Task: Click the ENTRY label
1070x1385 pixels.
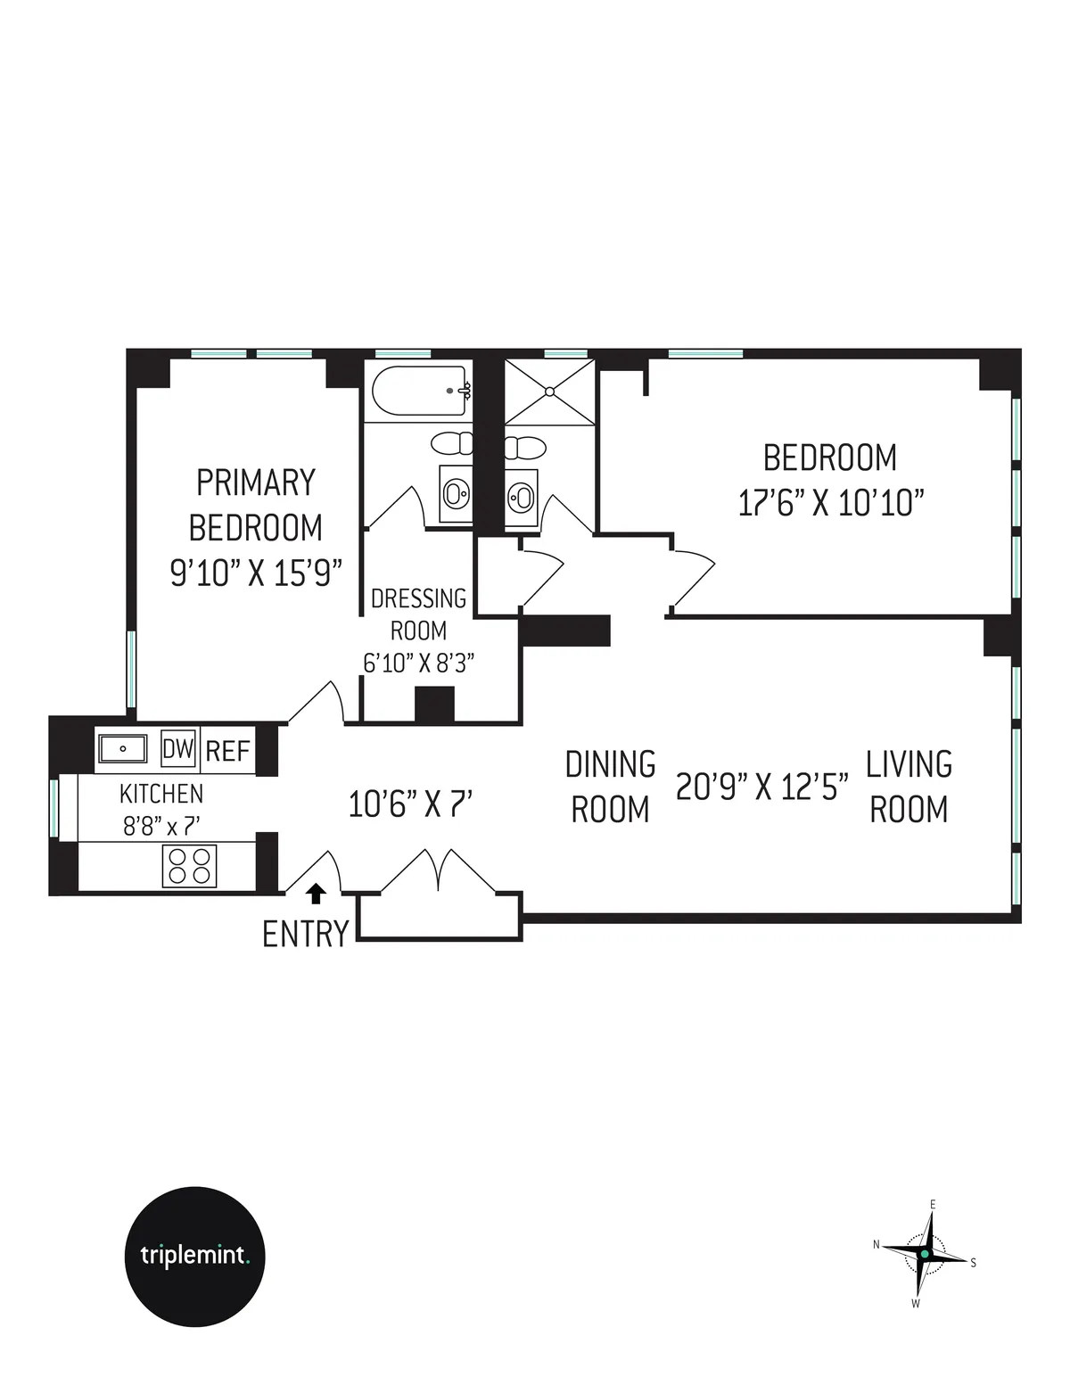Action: pos(305,934)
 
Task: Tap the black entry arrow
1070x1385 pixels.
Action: pos(315,894)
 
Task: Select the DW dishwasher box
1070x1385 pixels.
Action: pos(178,749)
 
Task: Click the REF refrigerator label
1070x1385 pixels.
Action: pos(228,751)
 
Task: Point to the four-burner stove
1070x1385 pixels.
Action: pos(189,865)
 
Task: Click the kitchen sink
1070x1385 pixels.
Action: pos(122,749)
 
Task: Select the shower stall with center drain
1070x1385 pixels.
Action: pos(549,392)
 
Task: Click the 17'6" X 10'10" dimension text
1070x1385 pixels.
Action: pos(829,504)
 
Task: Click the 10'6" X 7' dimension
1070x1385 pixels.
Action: pos(409,804)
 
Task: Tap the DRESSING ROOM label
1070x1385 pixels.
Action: pos(418,614)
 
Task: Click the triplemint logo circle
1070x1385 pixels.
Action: pos(194,1256)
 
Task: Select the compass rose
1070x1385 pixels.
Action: pos(925,1254)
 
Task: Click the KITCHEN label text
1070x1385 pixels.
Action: pos(161,793)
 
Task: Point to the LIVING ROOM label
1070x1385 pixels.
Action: pos(909,787)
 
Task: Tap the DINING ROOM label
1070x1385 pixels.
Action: pos(611,787)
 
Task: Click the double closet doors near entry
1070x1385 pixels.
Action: pos(438,871)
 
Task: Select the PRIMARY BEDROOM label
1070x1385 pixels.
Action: pos(256,505)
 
